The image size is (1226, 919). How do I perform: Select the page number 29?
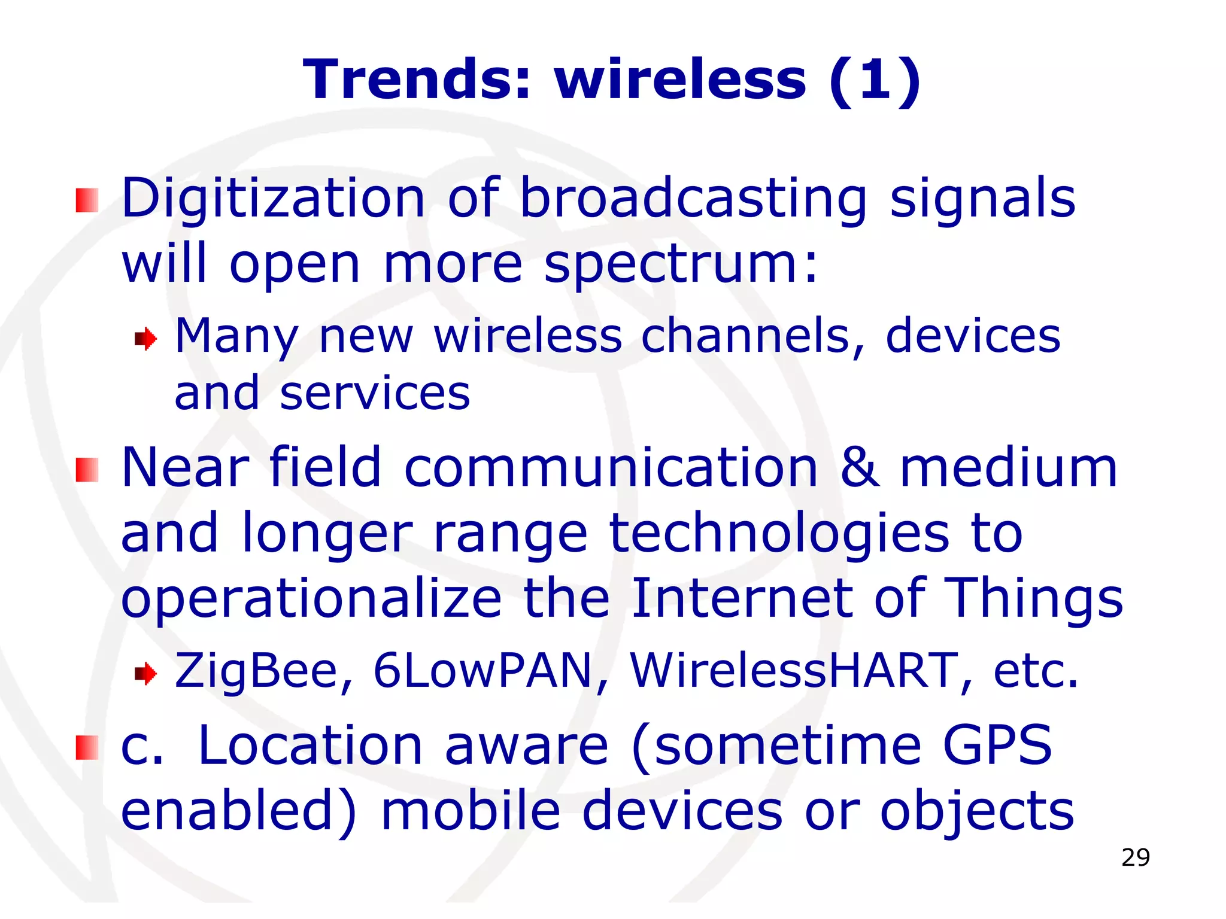point(1136,857)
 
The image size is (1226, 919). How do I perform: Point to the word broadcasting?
point(693,199)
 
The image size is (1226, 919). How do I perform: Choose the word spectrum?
point(680,264)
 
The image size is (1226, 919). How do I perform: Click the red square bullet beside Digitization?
point(87,200)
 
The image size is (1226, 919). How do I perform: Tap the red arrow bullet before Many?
point(145,340)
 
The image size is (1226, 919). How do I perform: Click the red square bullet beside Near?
point(87,470)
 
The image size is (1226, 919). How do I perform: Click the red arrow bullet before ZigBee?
point(145,675)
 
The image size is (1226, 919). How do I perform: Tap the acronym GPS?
point(997,745)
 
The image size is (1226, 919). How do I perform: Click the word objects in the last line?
point(977,811)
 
